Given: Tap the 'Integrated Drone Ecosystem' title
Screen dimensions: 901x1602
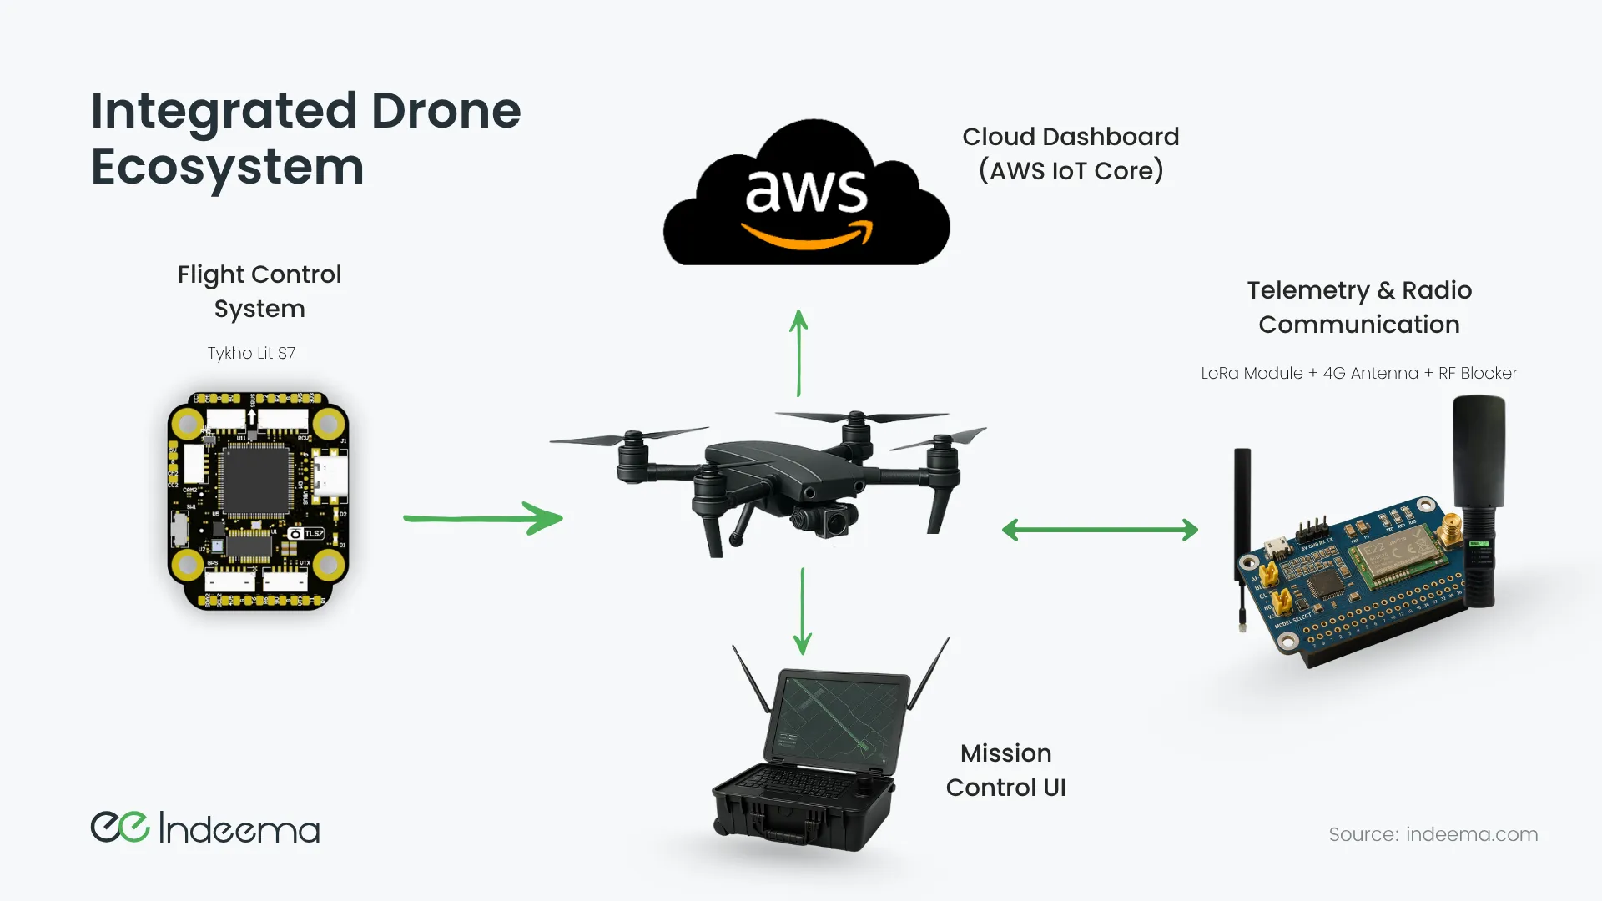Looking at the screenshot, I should [305, 138].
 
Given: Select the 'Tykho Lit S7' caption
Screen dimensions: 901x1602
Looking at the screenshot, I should [251, 353].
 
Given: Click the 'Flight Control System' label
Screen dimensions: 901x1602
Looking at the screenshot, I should [259, 291].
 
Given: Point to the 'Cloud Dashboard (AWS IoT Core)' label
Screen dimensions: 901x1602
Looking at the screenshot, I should [1071, 154].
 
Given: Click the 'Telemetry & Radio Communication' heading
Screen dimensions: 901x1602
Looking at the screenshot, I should [1359, 307].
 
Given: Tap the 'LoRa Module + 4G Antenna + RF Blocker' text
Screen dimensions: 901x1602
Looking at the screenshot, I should [1358, 373].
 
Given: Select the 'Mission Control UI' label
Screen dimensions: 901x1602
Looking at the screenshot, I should [1005, 770].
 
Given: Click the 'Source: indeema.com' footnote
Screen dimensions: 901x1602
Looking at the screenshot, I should [1433, 834].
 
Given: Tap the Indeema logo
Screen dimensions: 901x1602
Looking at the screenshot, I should [205, 828].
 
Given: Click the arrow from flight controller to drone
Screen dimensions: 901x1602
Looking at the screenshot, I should [483, 518].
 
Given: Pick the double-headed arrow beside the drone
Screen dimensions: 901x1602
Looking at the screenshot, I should [1100, 530].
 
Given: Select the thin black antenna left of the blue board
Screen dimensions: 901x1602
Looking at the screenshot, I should [1242, 534].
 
